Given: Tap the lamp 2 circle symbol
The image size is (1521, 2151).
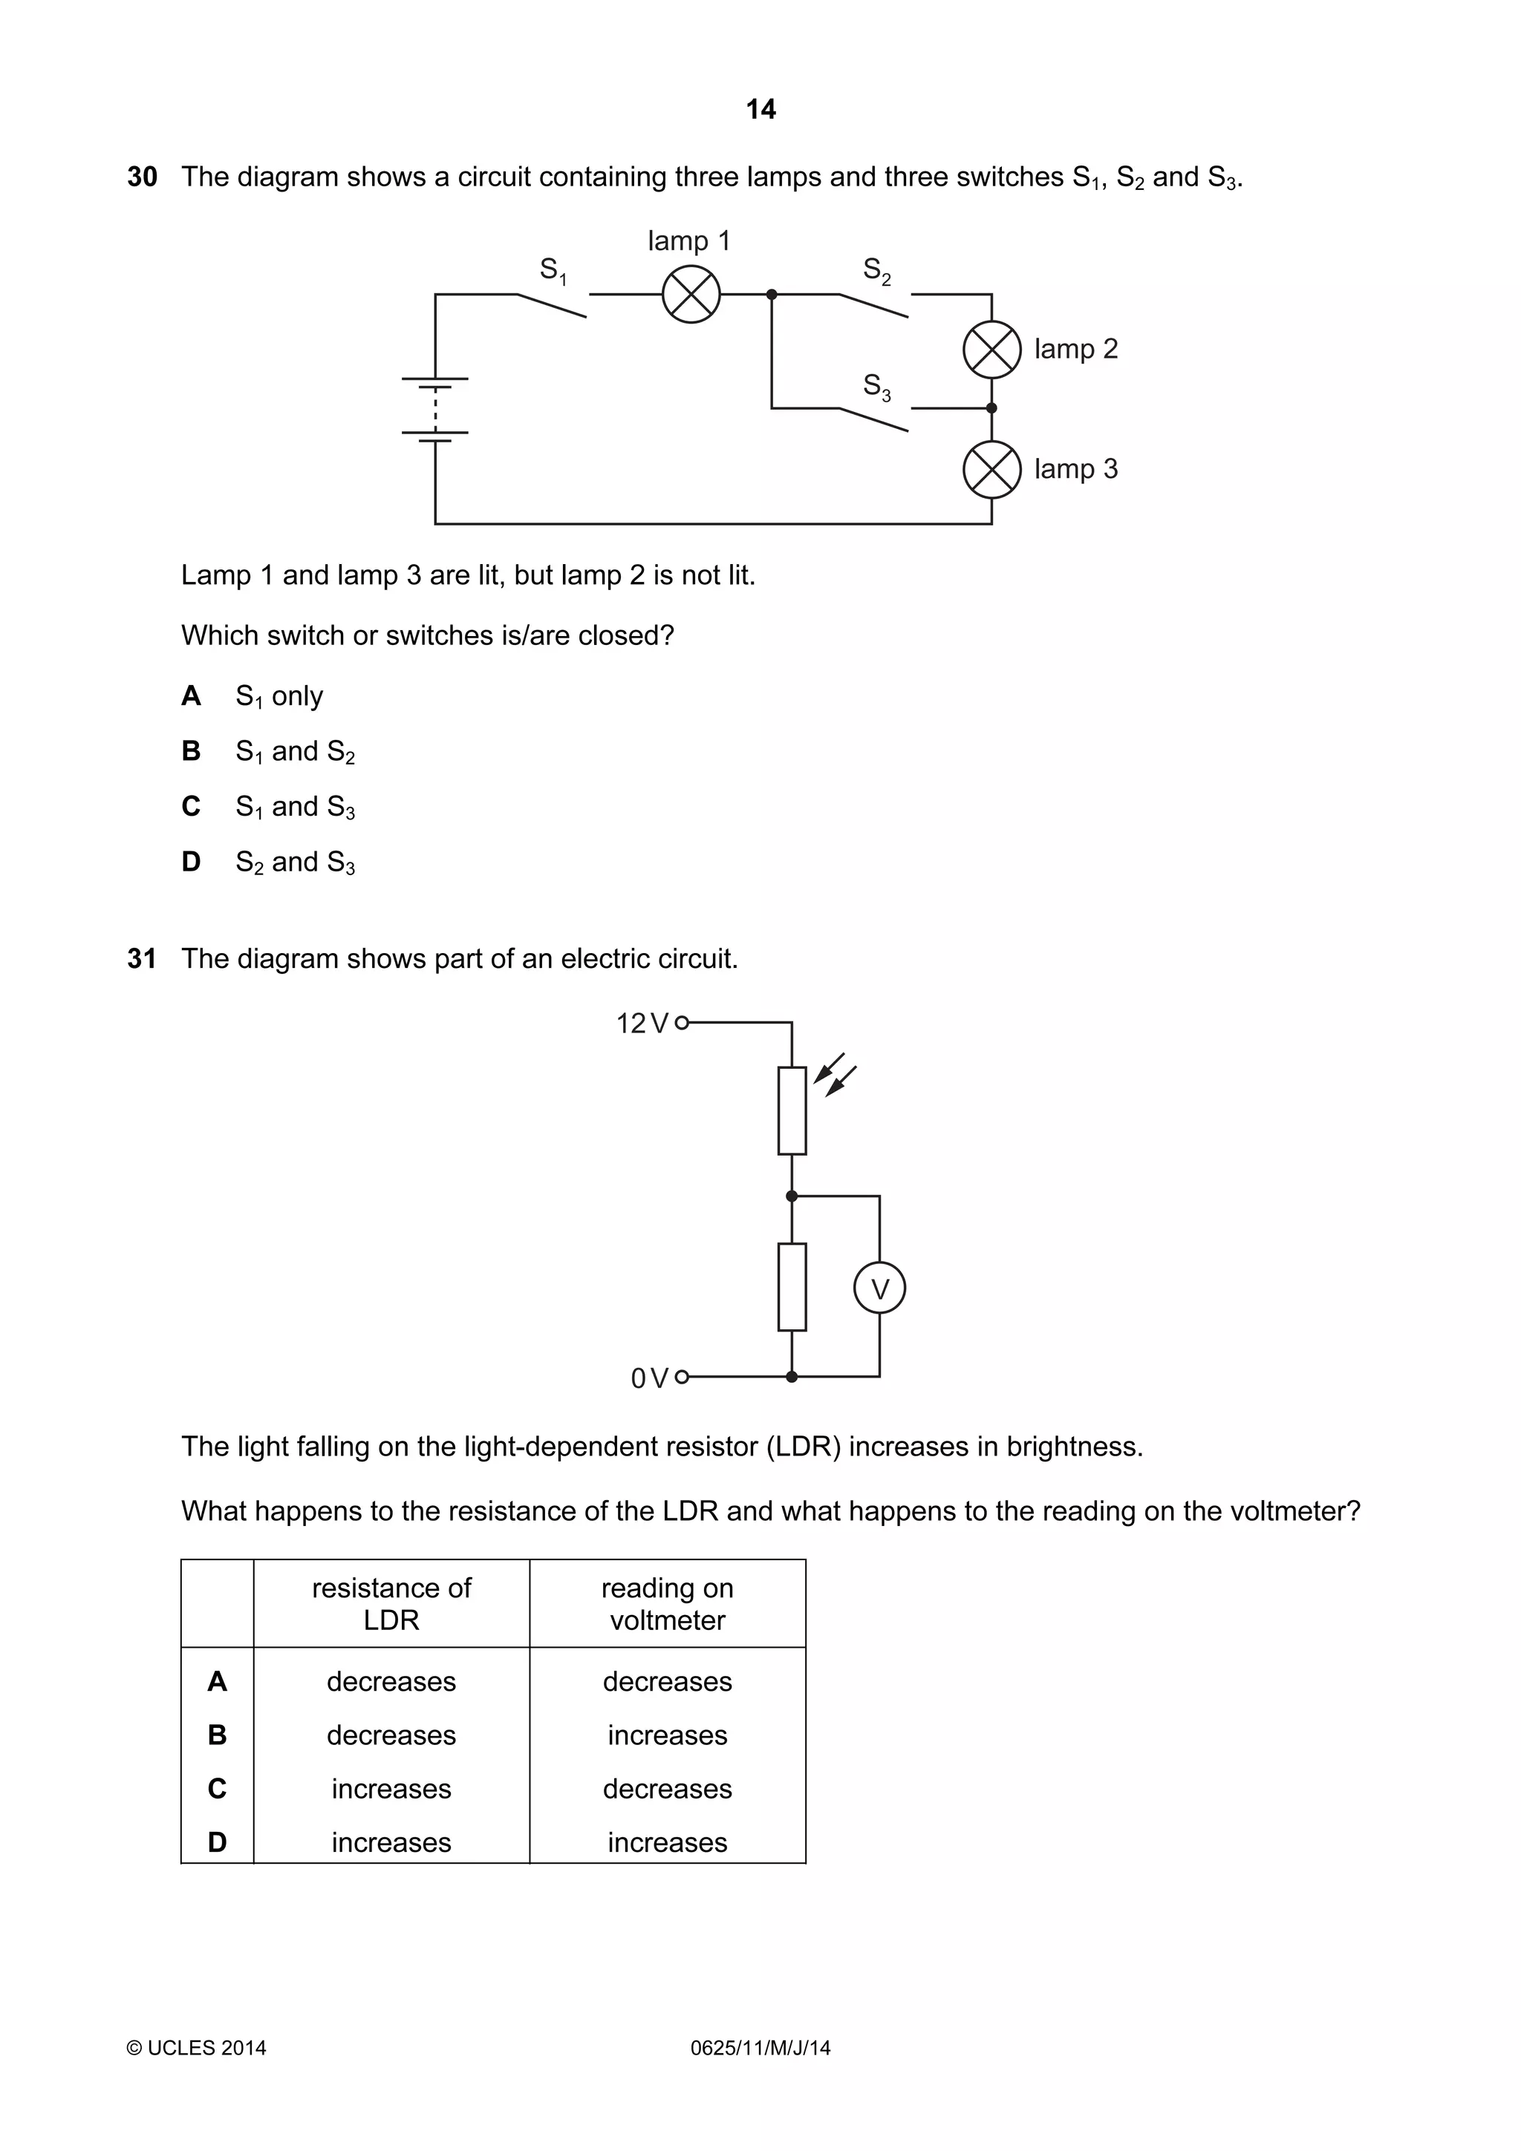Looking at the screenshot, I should point(991,350).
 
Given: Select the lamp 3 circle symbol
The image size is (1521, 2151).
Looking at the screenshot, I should point(991,469).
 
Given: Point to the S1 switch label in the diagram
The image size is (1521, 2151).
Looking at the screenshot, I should point(553,271).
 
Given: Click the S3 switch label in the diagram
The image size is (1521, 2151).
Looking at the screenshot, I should point(876,386).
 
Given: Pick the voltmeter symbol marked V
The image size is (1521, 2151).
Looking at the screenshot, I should point(879,1289).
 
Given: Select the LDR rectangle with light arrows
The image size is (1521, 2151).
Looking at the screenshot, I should point(792,1110).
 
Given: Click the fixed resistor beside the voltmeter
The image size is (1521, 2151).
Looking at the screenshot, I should point(792,1287).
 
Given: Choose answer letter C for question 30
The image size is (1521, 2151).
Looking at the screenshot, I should point(191,807).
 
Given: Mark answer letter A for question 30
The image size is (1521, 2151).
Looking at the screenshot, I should point(191,696).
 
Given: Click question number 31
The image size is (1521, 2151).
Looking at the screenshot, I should point(142,958).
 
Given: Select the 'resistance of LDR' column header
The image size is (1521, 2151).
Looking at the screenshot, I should point(391,1604).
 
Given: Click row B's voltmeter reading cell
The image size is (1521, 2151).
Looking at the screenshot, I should point(667,1735).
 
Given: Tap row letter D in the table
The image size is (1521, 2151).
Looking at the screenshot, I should point(218,1841).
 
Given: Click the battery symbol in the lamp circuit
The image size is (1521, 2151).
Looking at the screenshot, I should point(435,407).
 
